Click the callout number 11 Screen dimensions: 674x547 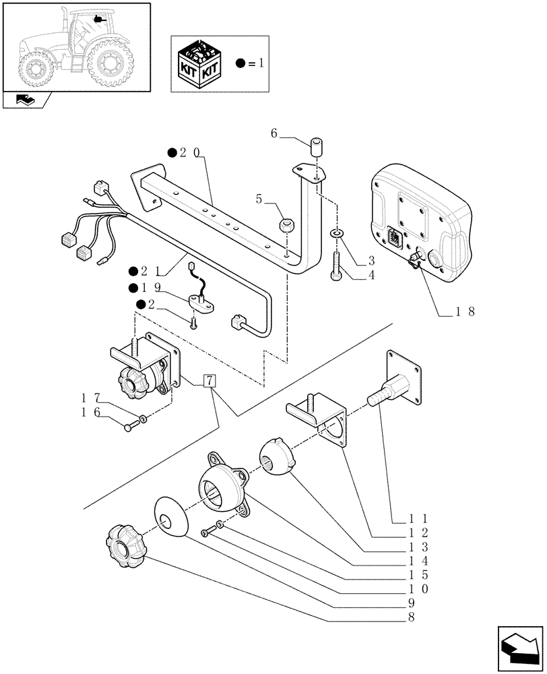pos(410,519)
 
